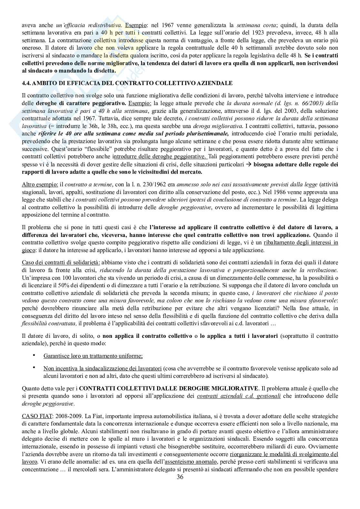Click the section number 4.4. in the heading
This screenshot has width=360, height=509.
(26, 83)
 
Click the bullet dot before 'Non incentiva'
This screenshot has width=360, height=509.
(35, 368)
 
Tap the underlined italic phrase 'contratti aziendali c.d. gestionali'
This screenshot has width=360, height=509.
(239, 396)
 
